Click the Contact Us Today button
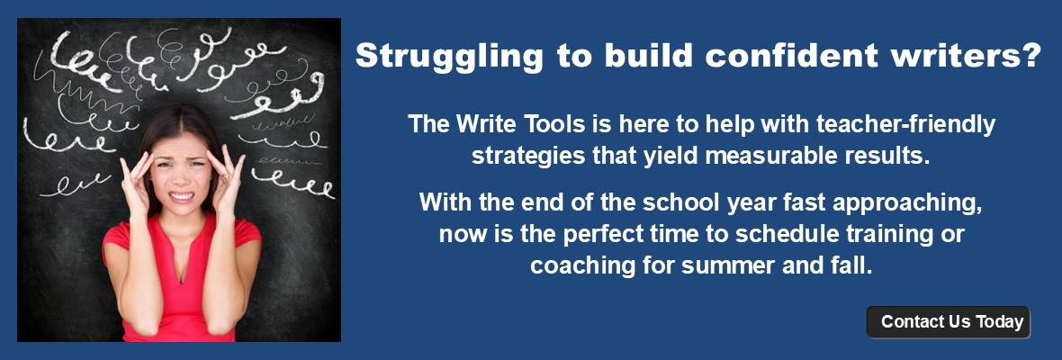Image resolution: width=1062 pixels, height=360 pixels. pyautogui.click(x=949, y=322)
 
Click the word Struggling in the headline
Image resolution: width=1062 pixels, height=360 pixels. pyautogui.click(x=448, y=57)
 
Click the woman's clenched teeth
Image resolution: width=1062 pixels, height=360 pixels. pyautogui.click(x=181, y=196)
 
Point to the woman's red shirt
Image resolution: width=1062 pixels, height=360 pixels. pyautogui.click(x=181, y=277)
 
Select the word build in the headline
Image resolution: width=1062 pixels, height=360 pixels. pyautogui.click(x=647, y=55)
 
